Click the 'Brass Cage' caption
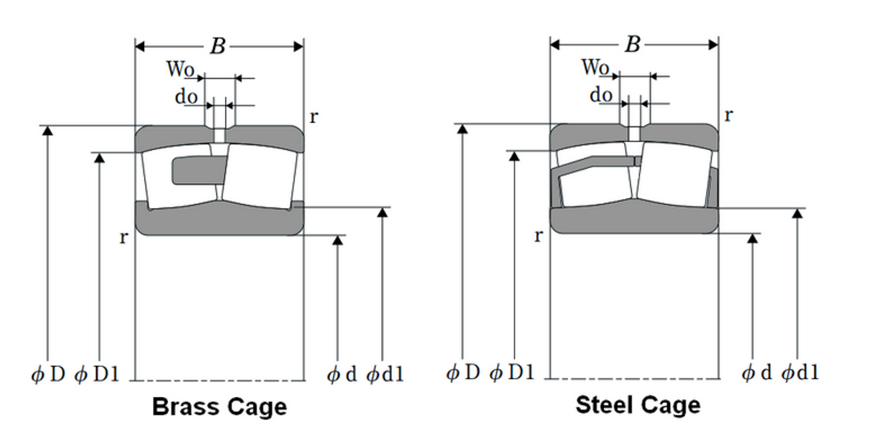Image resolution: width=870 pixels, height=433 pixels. pyautogui.click(x=219, y=407)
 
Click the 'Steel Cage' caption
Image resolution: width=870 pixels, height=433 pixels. pyautogui.click(x=637, y=405)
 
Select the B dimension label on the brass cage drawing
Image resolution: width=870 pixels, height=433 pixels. pyautogui.click(x=217, y=46)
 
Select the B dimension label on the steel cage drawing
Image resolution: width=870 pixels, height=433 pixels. pyautogui.click(x=633, y=45)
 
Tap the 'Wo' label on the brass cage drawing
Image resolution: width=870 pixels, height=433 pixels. pyautogui.click(x=181, y=69)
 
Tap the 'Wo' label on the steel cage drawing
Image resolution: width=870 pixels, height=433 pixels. pyautogui.click(x=595, y=67)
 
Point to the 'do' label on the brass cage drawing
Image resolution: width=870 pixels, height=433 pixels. pyautogui.click(x=186, y=97)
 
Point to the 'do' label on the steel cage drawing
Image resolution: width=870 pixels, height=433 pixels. pyautogui.click(x=601, y=96)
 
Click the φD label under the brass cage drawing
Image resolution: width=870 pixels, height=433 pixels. pyautogui.click(x=48, y=375)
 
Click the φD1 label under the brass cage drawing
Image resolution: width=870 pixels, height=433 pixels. pyautogui.click(x=97, y=375)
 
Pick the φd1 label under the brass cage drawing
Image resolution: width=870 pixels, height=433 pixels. pyautogui.click(x=385, y=375)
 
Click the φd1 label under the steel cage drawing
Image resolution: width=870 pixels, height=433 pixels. pyautogui.click(x=800, y=373)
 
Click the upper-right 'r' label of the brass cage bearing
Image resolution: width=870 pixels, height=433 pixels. pyautogui.click(x=313, y=116)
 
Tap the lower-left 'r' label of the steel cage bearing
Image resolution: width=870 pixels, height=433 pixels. pyautogui.click(x=538, y=236)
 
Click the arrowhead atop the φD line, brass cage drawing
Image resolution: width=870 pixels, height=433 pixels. pyautogui.click(x=48, y=131)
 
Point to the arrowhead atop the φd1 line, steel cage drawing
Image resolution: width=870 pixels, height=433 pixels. pyautogui.click(x=798, y=213)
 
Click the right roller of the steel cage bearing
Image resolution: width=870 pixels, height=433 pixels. pyautogui.click(x=673, y=173)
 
